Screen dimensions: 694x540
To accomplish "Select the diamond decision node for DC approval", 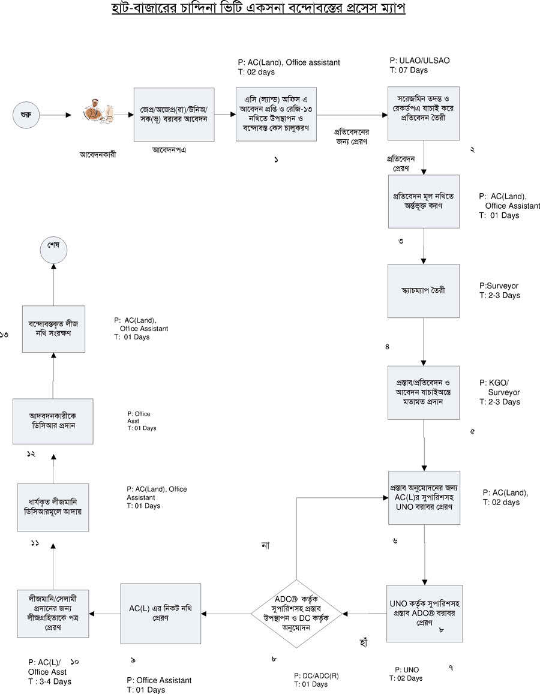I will pyautogui.click(x=297, y=614).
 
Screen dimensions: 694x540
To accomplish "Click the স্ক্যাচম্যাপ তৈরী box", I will pyautogui.click(x=423, y=291).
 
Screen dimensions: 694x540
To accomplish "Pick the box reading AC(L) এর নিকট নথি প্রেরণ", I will pyautogui.click(x=160, y=613).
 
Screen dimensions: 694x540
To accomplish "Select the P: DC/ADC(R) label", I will pyautogui.click(x=316, y=675).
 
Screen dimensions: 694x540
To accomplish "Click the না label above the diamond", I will pyautogui.click(x=265, y=545).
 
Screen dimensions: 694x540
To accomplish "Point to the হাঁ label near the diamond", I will pyautogui.click(x=361, y=642).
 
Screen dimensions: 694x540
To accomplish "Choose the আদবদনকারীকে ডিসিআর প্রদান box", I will pyautogui.click(x=53, y=421).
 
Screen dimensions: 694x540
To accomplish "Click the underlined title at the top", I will pyautogui.click(x=271, y=10).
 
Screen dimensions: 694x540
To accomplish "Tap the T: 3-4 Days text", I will pyautogui.click(x=49, y=681).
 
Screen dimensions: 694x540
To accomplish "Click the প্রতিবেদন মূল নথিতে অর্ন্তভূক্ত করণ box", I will pyautogui.click(x=423, y=202).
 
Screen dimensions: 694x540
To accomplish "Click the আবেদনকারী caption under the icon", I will pyautogui.click(x=98, y=154).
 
